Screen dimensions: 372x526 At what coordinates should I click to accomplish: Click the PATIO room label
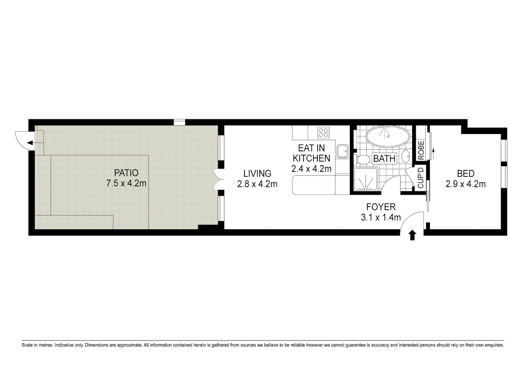coord(126,173)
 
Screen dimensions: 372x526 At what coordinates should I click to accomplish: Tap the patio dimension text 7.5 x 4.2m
coord(126,183)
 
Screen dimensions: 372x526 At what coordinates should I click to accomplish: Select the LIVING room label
coord(257,174)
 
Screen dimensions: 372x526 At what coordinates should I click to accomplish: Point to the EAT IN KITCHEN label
coord(311,153)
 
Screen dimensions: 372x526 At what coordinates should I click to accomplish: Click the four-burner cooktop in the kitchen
coord(323,133)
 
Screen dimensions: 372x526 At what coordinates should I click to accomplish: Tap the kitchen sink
coord(342,151)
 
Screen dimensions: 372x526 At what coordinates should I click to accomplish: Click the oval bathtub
coord(388,136)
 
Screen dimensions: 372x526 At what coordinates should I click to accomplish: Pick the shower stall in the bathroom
coord(365,179)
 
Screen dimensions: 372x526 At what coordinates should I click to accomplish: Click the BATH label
coord(384,159)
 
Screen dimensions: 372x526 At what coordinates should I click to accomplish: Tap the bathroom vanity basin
coord(406,156)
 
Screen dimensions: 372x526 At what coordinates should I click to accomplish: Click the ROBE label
coord(421,150)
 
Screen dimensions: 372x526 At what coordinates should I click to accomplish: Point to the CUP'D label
coord(421,178)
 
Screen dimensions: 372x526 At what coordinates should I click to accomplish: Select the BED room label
coord(465,174)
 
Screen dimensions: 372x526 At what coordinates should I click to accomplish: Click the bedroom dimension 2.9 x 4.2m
coord(465,184)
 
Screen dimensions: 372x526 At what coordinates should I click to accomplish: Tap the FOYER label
coord(381,207)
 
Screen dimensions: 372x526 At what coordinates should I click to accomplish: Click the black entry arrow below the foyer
coord(412,235)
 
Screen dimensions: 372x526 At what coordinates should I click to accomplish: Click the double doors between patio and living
coord(218,179)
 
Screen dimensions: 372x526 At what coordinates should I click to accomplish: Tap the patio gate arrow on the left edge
coord(30,143)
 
